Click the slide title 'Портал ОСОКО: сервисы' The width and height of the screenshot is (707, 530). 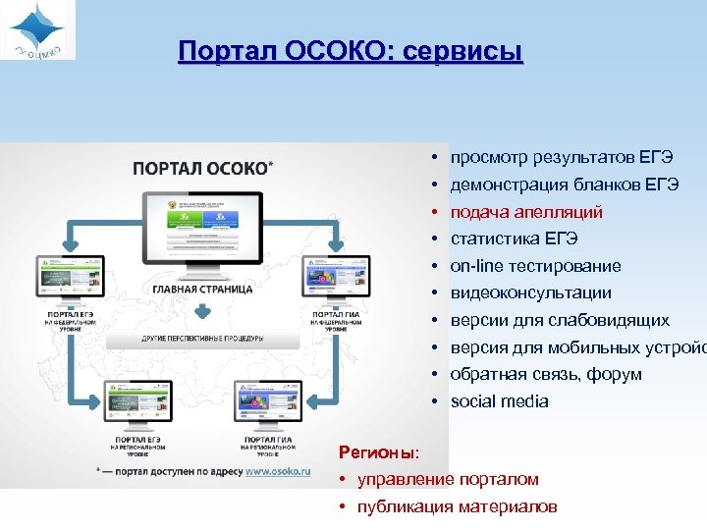pos(351,51)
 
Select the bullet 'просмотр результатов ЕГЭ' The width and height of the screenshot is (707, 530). pos(561,157)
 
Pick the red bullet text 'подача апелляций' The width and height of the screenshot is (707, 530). pos(526,212)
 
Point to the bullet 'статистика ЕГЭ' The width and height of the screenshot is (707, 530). pos(514,238)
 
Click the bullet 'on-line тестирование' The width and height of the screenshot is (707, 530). pos(535,266)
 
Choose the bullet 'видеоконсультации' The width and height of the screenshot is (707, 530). pos(530,292)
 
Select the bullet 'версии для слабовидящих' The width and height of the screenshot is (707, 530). pos(560,320)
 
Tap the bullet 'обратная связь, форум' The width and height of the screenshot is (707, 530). pos(546,374)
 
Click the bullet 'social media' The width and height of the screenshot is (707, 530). pos(499,401)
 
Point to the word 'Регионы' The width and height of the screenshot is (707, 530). pos(377,452)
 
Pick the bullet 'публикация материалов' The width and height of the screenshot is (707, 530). pos(458,506)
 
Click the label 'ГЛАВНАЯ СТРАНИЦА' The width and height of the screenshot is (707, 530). pos(201,289)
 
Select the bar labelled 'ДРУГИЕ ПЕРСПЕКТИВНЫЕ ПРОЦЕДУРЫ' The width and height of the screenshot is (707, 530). pos(200,338)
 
